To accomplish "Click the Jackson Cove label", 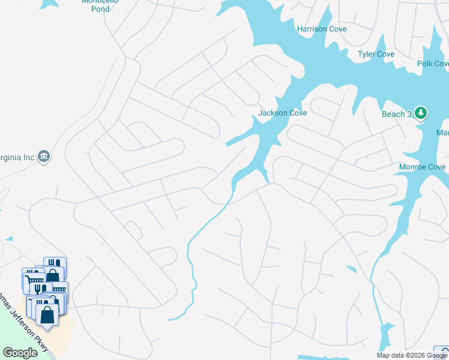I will [x=282, y=113].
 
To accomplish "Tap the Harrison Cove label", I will [x=322, y=29].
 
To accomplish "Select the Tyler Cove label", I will [x=376, y=55].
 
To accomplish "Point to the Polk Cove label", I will [x=433, y=64].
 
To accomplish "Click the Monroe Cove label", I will [x=423, y=167].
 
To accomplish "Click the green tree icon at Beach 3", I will [x=421, y=113].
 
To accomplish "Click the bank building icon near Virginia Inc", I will [x=44, y=157].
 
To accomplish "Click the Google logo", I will [x=20, y=353].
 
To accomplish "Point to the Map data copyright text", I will [x=412, y=355].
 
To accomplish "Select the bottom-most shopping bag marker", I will [x=47, y=314].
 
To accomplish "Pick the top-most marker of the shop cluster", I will [x=55, y=265].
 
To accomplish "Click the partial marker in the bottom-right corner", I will [x=442, y=353].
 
